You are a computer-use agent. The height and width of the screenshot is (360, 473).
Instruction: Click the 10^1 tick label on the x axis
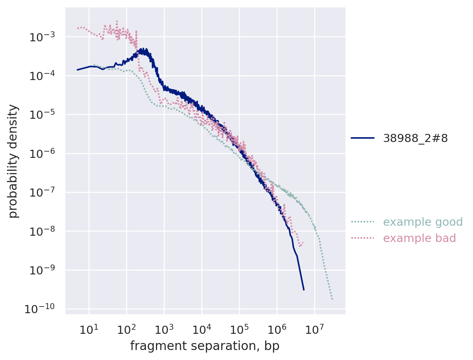point(88,329)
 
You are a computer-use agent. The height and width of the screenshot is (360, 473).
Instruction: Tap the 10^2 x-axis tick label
point(126,329)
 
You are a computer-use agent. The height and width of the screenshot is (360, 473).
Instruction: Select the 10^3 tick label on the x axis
point(164,329)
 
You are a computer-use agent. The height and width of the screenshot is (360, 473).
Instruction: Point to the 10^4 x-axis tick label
point(201,329)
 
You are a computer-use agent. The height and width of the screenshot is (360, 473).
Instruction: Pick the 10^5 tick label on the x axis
point(239,329)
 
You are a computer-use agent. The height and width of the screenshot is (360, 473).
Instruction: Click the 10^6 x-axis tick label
point(277,329)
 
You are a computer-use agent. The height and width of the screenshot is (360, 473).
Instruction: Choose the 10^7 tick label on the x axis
point(314,329)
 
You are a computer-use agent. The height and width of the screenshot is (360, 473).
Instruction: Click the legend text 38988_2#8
point(415,138)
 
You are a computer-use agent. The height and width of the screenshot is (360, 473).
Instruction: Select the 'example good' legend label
point(423,222)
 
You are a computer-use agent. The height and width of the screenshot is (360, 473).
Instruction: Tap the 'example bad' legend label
point(420,238)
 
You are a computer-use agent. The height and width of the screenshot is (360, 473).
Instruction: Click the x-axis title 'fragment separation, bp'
point(205,346)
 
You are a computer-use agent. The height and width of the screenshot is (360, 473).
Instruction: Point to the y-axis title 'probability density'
point(13,161)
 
